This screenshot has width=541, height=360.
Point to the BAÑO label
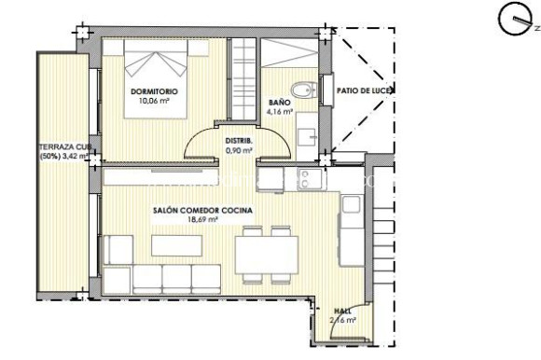(x=279, y=103)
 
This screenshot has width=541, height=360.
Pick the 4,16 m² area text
(x=279, y=111)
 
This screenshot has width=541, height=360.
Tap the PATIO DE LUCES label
(x=364, y=90)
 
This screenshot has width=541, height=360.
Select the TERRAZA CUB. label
(x=64, y=145)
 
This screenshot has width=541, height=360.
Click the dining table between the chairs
(x=266, y=252)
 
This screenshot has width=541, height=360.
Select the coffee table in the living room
(x=178, y=243)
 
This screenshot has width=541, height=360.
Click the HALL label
(x=341, y=312)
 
